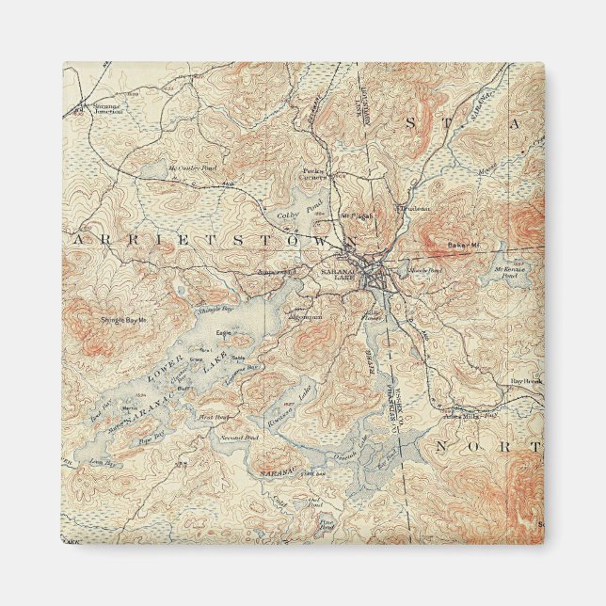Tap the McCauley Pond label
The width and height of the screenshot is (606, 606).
pyautogui.click(x=192, y=169)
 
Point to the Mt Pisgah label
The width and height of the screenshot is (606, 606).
pyautogui.click(x=357, y=215)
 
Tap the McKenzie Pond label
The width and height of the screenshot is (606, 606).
pyautogui.click(x=509, y=273)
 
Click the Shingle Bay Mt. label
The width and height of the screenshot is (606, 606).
pyautogui.click(x=124, y=321)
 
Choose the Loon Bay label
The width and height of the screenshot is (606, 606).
pyautogui.click(x=102, y=464)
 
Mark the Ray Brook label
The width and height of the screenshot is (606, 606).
pyautogui.click(x=523, y=381)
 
